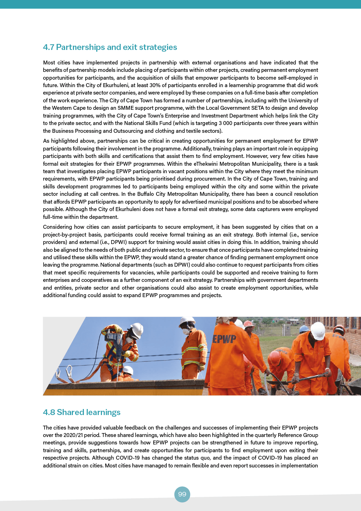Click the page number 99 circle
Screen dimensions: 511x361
tap(182, 494)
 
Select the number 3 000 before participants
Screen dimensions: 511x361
tap(225, 123)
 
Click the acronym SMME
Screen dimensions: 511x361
tap(125, 108)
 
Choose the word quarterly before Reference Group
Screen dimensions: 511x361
tap(263, 435)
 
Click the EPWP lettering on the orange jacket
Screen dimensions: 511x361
tap(224, 339)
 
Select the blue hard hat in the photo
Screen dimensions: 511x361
tap(304, 329)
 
